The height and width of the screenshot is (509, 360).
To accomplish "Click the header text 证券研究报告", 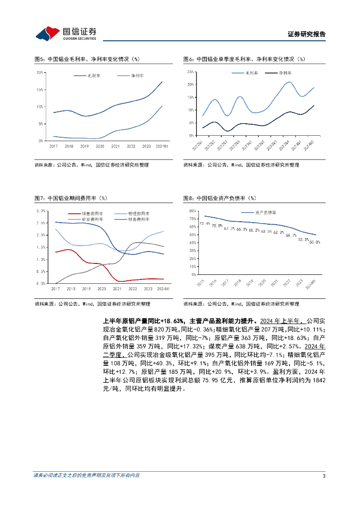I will click(x=307, y=34).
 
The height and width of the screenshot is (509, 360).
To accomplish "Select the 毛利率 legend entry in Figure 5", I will click(x=94, y=76).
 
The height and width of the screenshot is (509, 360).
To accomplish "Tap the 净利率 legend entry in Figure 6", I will click(x=285, y=73).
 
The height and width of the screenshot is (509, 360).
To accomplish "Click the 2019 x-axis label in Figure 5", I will click(x=85, y=146).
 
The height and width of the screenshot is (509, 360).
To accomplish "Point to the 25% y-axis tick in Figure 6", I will click(x=189, y=72).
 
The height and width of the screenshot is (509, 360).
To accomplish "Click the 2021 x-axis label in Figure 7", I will click(x=116, y=289).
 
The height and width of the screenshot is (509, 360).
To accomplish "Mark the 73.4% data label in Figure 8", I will click(x=204, y=224).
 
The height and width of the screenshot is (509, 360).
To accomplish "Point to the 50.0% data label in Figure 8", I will click(x=315, y=242).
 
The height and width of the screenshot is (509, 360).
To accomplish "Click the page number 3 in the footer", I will click(x=324, y=476).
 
